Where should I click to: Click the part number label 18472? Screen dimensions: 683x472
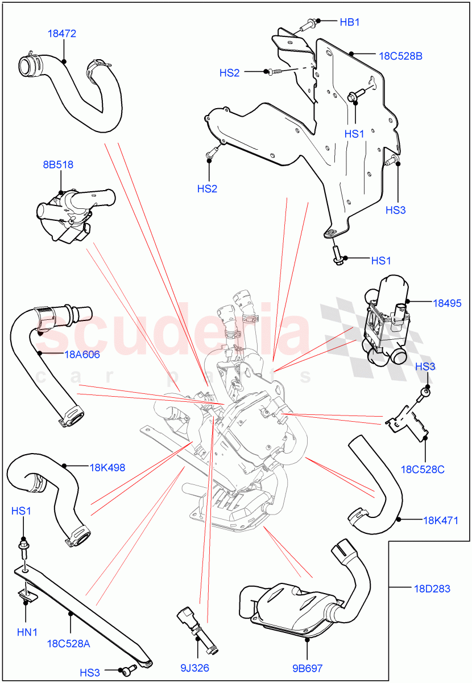tap(61, 34)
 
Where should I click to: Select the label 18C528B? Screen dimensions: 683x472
tap(400, 56)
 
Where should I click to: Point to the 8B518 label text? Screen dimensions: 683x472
tap(59, 164)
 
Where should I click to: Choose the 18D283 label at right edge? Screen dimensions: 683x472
tap(432, 589)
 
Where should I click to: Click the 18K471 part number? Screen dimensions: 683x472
tap(441, 520)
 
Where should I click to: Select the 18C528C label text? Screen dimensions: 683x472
tap(423, 470)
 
